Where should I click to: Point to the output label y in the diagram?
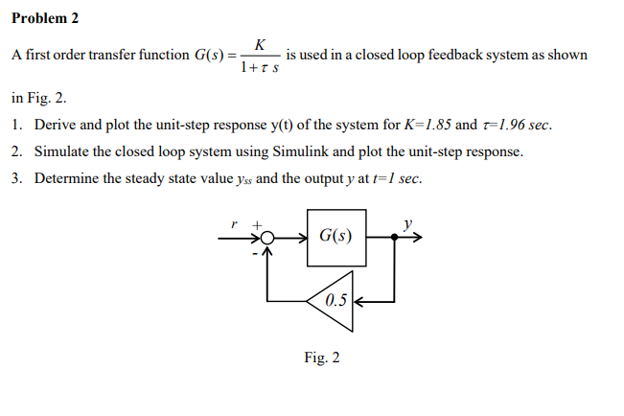408,223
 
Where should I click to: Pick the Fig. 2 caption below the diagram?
321,358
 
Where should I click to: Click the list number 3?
18,178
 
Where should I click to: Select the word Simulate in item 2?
64,151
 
